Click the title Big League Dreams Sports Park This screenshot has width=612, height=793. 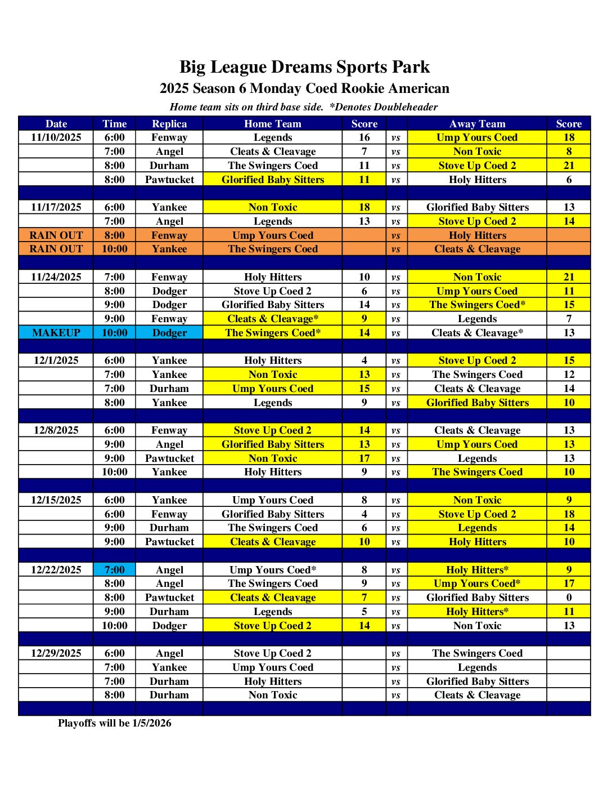tap(304, 67)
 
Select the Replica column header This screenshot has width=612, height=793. tap(169, 124)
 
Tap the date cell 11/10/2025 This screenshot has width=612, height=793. tap(56, 137)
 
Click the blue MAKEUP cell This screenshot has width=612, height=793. tap(56, 333)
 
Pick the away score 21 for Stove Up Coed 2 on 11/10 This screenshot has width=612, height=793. tap(569, 166)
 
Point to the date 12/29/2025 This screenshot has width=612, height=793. tap(56, 653)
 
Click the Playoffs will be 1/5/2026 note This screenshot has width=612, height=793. tap(115, 723)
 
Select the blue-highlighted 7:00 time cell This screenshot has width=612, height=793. tap(115, 570)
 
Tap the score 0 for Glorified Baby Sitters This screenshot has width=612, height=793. tap(569, 598)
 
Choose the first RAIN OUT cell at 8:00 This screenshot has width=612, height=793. tap(56, 235)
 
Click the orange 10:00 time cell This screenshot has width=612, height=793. tap(115, 249)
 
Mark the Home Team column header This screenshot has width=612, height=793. tap(273, 124)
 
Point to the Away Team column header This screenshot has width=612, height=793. tap(477, 124)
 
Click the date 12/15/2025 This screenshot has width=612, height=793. tap(56, 500)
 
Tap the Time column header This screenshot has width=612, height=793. tap(115, 124)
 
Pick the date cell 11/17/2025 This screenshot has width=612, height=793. tap(56, 207)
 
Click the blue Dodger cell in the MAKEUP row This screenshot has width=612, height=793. tap(169, 333)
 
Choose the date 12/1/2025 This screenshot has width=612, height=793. tap(56, 360)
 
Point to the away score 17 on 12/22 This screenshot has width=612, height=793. tap(569, 583)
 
